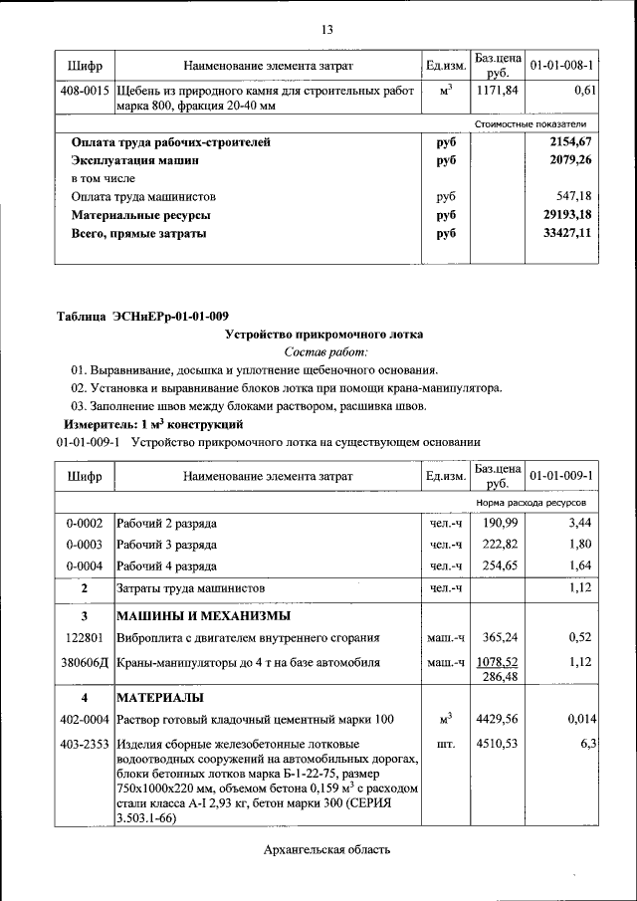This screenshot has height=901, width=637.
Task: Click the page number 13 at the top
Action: [x=325, y=29]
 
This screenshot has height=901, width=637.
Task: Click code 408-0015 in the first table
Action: [x=85, y=91]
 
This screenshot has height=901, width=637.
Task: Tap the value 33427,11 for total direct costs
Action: [x=564, y=234]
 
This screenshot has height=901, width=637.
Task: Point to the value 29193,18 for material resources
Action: [x=564, y=215]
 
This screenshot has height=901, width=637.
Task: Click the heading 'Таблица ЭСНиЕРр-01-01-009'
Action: [x=142, y=317]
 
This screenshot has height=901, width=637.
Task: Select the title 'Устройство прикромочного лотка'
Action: [x=325, y=335]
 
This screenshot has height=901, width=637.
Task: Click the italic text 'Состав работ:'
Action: [x=325, y=351]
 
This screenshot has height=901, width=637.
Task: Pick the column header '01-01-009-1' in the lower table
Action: [x=561, y=476]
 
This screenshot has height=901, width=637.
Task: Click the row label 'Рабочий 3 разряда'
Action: [x=167, y=544]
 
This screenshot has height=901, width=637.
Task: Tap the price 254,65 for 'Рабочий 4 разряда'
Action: [x=496, y=564]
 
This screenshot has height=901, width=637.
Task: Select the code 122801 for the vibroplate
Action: [x=85, y=636]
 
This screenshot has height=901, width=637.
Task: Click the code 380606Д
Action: [x=85, y=661]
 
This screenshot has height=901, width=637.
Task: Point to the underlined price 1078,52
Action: [x=496, y=660]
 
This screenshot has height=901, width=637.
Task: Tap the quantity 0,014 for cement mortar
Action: [x=578, y=718]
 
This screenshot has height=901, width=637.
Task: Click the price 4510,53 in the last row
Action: [x=496, y=743]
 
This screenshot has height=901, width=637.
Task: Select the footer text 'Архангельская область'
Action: [x=325, y=849]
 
